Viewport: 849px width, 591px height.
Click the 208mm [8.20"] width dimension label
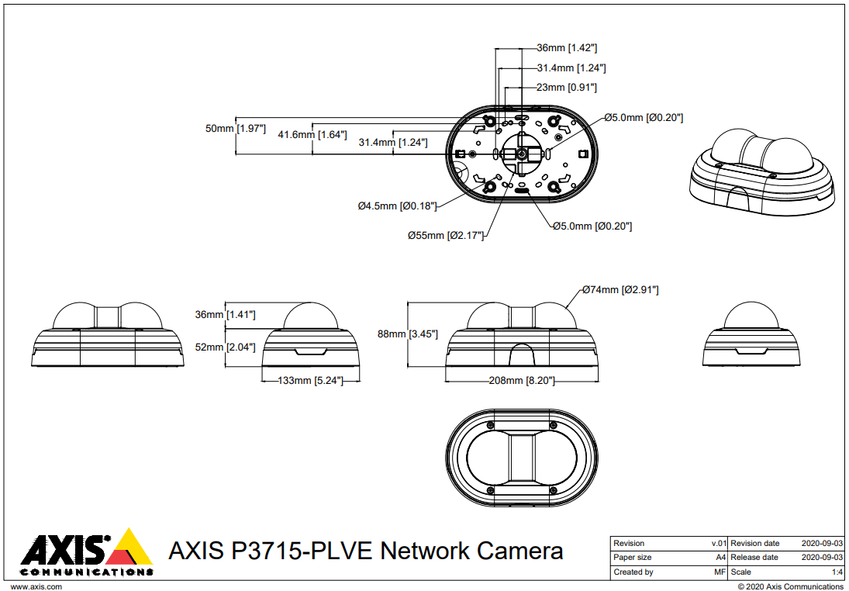pyautogui.click(x=521, y=381)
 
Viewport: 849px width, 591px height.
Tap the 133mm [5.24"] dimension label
pyautogui.click(x=310, y=381)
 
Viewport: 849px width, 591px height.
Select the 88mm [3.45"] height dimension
pyautogui.click(x=408, y=334)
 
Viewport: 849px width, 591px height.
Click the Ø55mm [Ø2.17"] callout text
pyautogui.click(x=446, y=235)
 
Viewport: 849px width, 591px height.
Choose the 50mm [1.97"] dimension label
pyautogui.click(x=236, y=128)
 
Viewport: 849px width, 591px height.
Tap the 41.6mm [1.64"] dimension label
pyautogui.click(x=312, y=134)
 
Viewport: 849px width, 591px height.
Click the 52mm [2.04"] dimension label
pyautogui.click(x=226, y=347)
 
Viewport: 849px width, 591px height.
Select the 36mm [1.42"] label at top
pyautogui.click(x=567, y=47)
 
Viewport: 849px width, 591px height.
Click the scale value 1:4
pyautogui.click(x=837, y=572)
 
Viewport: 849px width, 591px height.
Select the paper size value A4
pyautogui.click(x=720, y=558)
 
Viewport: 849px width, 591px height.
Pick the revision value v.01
pyautogui.click(x=719, y=543)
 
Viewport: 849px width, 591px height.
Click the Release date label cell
pyautogui.click(x=754, y=558)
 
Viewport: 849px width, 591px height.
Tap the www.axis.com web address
pyautogui.click(x=36, y=586)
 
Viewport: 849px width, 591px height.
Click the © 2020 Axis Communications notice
pyautogui.click(x=790, y=586)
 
